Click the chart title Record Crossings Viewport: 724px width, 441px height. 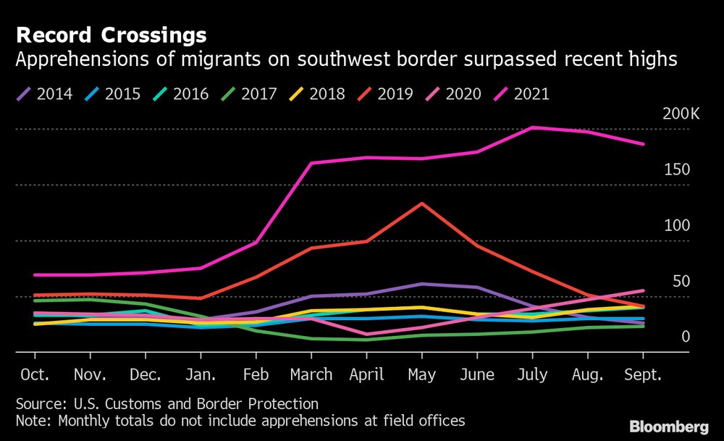click(x=111, y=35)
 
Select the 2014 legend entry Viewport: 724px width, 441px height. click(x=45, y=93)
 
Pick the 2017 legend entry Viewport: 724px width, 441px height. click(x=249, y=93)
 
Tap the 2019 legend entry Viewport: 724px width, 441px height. click(x=385, y=93)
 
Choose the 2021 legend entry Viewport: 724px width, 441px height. click(x=521, y=93)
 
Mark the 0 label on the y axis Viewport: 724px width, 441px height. click(x=685, y=337)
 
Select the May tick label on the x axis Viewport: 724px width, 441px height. click(x=422, y=375)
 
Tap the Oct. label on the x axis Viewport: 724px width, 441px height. click(x=35, y=375)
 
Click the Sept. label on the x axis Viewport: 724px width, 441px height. click(x=643, y=375)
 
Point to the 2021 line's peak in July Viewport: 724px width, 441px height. click(x=533, y=127)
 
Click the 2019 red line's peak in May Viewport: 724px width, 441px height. click(x=422, y=203)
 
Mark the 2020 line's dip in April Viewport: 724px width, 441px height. click(x=367, y=335)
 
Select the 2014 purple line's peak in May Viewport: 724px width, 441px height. click(x=422, y=284)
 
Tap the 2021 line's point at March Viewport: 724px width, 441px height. click(x=311, y=163)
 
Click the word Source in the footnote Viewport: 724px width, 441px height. click(x=38, y=404)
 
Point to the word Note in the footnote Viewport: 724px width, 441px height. click(x=32, y=420)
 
